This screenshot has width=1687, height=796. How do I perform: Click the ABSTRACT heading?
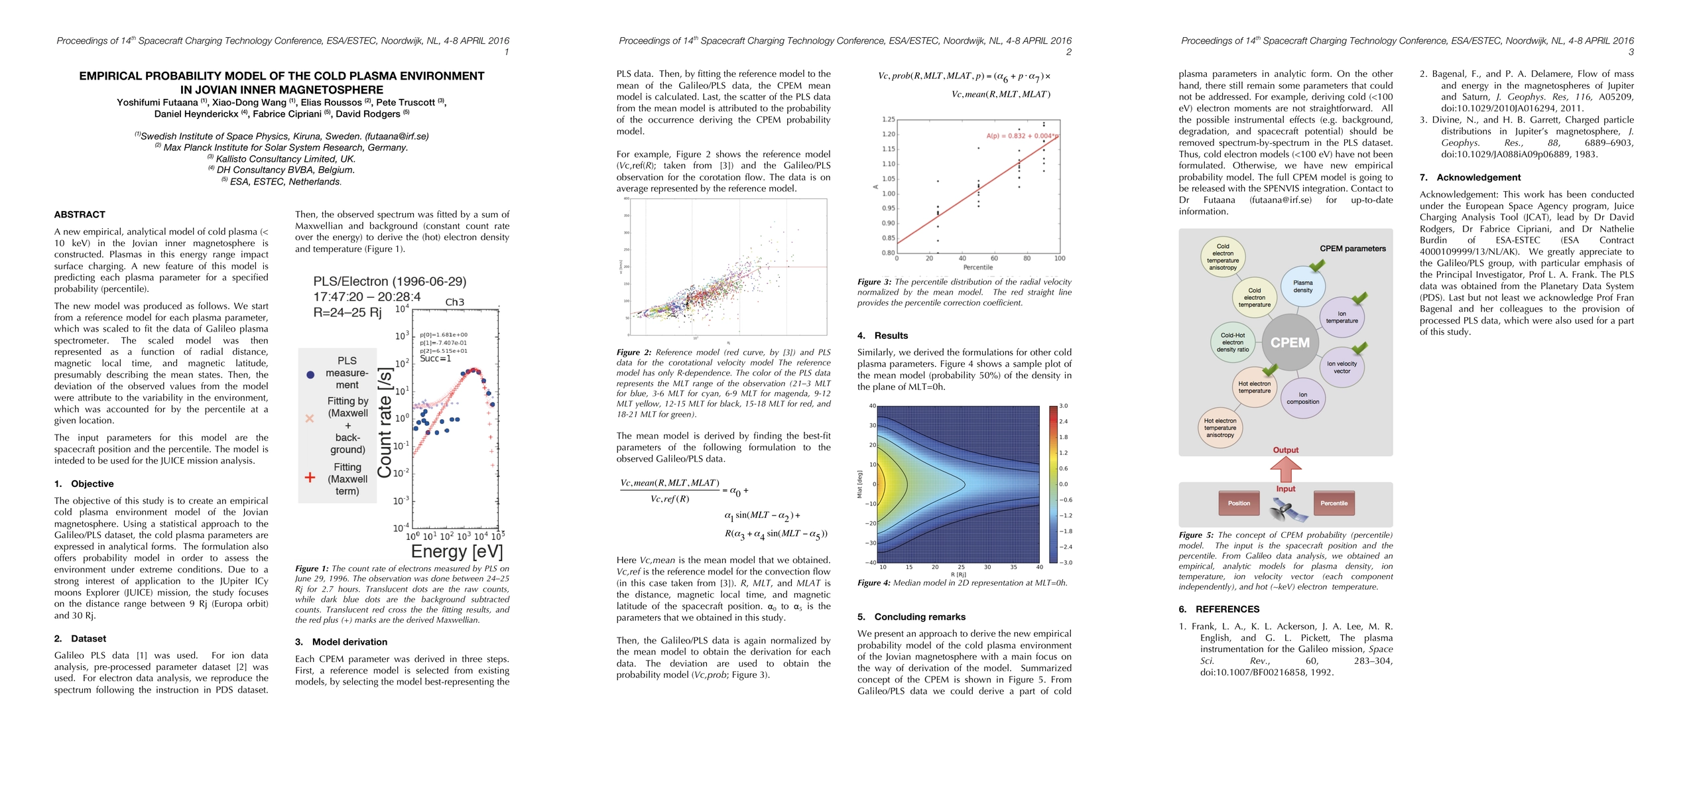(80, 214)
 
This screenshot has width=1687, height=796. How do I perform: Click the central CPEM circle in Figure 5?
(1290, 342)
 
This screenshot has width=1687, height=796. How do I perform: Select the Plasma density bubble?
(1302, 287)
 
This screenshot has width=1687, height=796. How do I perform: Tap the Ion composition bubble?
(1302, 398)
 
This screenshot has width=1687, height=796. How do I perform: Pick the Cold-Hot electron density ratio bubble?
(1233, 342)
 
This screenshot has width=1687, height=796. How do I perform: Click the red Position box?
(1239, 503)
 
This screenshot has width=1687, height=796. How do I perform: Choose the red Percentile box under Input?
(1334, 503)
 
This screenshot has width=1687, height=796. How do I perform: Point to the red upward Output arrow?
(1285, 470)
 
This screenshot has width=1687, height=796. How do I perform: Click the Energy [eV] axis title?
(457, 551)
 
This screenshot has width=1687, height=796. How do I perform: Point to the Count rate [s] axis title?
(385, 423)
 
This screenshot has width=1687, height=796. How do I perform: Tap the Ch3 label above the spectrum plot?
(454, 302)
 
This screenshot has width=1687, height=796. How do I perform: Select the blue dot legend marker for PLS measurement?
(310, 375)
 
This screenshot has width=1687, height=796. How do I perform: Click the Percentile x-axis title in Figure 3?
(977, 267)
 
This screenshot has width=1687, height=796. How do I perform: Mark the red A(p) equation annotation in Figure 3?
(1021, 136)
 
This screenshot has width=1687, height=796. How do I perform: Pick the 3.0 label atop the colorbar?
(1063, 405)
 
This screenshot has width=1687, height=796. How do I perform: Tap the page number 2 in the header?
(1068, 52)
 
